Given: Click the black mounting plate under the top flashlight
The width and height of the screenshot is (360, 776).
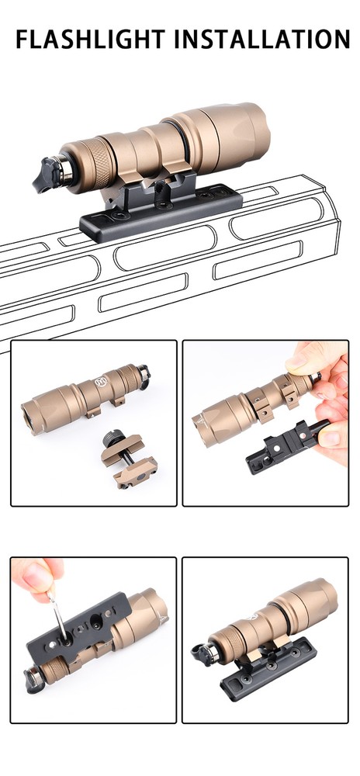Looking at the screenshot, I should click(x=163, y=213).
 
